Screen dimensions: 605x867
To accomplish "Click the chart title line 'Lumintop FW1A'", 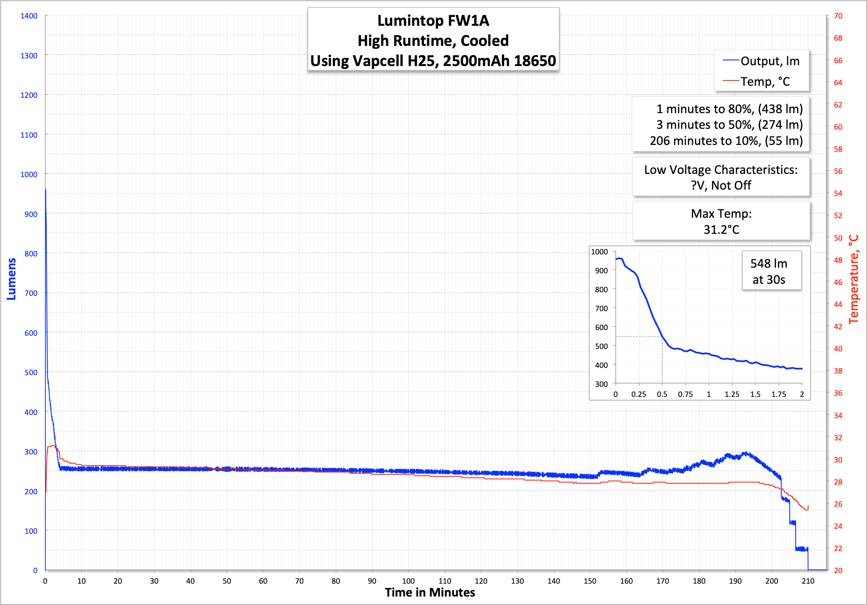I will click(x=433, y=21).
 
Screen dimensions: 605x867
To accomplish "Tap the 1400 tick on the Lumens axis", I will click(x=29, y=16).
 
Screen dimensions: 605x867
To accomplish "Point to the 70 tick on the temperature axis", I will click(x=838, y=16).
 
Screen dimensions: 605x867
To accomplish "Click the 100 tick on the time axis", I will click(x=408, y=581).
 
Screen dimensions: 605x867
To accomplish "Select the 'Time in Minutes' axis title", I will click(x=430, y=593).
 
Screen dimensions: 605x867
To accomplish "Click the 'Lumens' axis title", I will click(x=11, y=279).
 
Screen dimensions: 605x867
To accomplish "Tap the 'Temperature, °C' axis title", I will click(x=854, y=279).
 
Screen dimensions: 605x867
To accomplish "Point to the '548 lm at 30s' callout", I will click(x=769, y=271).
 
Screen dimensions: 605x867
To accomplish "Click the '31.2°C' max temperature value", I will click(x=721, y=229).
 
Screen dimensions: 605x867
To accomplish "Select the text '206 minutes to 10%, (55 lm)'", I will click(x=726, y=141).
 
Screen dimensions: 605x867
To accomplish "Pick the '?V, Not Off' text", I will click(x=721, y=186).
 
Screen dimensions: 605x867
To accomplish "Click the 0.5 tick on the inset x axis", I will click(x=662, y=394).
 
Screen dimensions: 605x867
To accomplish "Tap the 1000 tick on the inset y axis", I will click(x=599, y=252).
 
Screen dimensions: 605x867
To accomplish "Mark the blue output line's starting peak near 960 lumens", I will click(x=46, y=189).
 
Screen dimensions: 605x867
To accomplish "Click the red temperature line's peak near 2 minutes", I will click(x=52, y=446).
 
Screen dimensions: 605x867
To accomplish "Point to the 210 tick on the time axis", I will click(x=808, y=581).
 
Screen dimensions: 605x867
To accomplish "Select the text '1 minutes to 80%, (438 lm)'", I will click(x=729, y=109).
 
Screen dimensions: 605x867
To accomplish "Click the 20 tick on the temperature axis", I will click(x=838, y=570).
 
